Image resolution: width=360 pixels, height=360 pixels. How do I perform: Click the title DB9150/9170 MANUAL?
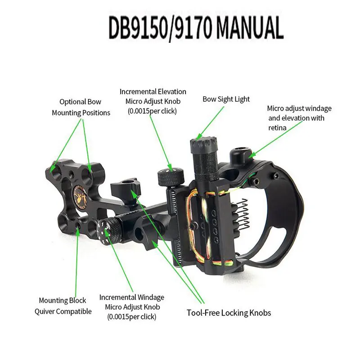pos(196,28)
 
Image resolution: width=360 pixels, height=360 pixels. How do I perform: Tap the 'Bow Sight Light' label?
pos(226,99)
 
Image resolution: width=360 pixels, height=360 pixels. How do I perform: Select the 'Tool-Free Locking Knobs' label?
pos(229,312)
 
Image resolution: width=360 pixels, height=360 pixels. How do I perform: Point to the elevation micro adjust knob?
pos(170,176)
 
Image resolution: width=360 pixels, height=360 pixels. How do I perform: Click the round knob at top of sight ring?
pos(241,155)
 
